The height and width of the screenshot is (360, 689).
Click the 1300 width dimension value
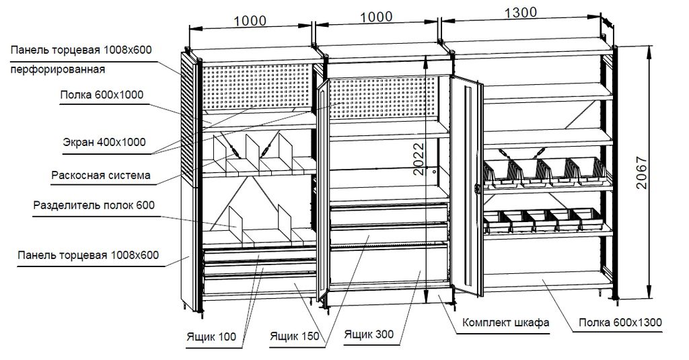pos(520,11)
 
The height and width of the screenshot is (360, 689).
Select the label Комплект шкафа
pos(506,322)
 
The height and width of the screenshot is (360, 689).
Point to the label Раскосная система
pos(100,176)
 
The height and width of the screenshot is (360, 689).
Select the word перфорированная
pos(57,69)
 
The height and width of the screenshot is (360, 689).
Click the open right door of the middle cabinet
pos(468,188)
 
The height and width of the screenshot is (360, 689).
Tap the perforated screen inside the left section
pos(256,87)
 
